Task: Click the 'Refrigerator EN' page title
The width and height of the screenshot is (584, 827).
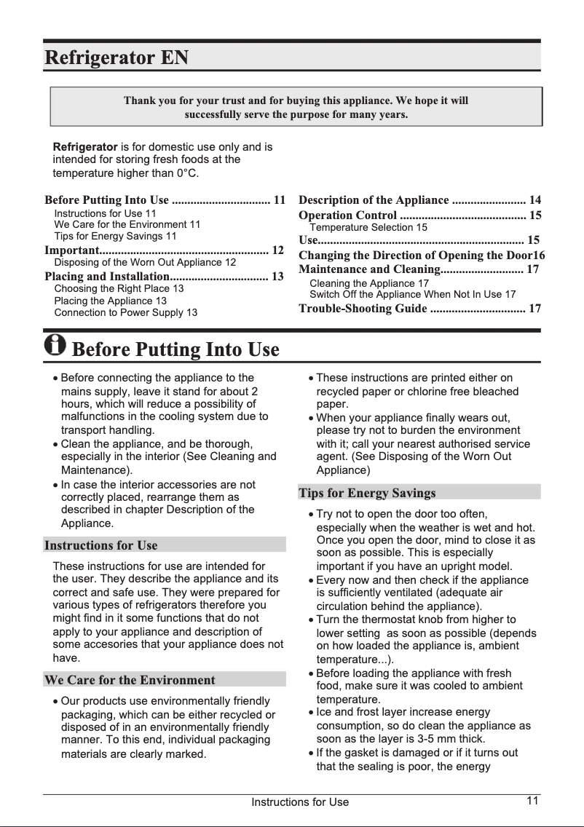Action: (x=117, y=57)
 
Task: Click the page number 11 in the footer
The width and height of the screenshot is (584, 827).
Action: (x=532, y=801)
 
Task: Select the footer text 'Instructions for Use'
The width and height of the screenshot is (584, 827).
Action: (x=300, y=802)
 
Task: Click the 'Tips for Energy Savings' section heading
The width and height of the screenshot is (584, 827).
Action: (x=367, y=493)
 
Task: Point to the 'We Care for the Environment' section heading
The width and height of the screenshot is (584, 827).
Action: (x=130, y=680)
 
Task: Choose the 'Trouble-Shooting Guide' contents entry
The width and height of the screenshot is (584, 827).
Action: (x=363, y=309)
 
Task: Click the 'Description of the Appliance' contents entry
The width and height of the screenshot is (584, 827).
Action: (x=374, y=199)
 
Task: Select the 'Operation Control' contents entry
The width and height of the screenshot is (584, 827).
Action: (x=348, y=215)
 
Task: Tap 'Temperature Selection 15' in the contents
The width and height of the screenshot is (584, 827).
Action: (x=368, y=228)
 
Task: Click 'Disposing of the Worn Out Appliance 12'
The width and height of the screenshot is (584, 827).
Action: (x=145, y=262)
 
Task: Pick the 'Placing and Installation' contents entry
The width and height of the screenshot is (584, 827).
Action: (x=106, y=276)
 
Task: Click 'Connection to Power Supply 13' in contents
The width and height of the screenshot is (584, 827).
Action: (x=125, y=312)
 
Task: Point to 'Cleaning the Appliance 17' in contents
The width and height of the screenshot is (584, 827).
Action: (x=369, y=283)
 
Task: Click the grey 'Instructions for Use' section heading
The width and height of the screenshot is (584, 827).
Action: (x=100, y=545)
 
